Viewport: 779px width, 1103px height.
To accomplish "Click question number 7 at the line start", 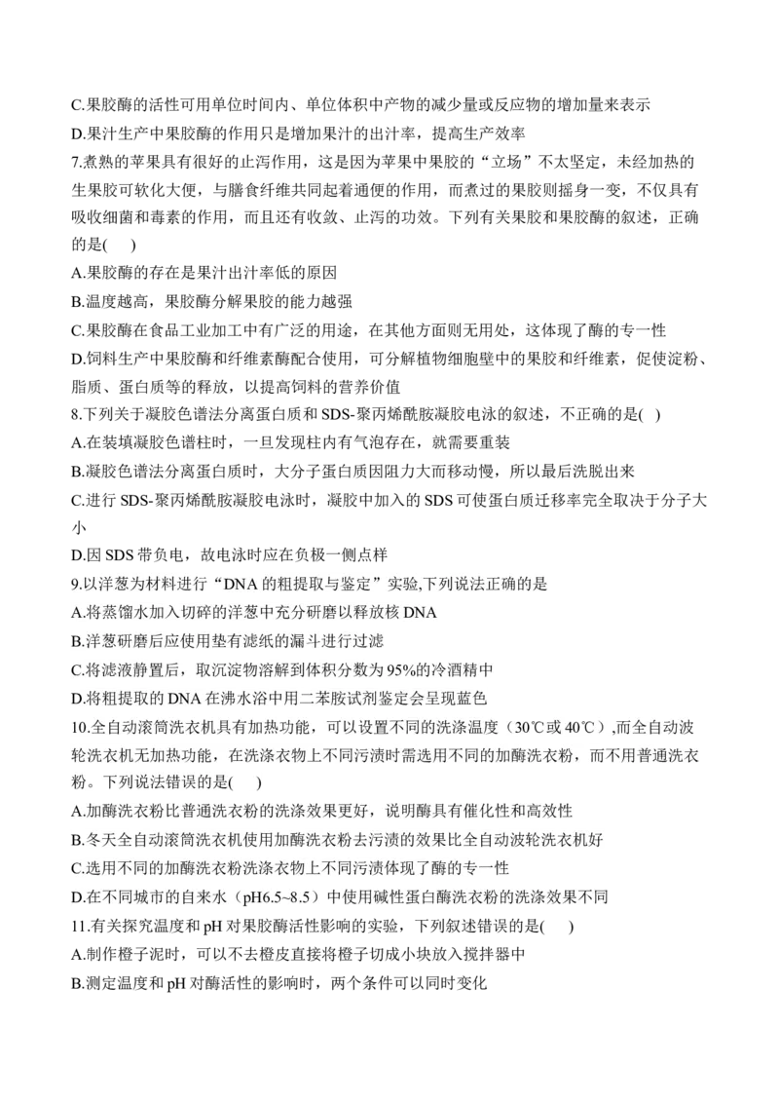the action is click(76, 163).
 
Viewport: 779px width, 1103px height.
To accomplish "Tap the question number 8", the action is click(76, 415).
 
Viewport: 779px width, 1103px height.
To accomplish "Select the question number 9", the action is click(76, 584).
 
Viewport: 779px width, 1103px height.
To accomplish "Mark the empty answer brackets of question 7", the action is click(119, 245).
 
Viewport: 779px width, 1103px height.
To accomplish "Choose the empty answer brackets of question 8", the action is click(650, 415).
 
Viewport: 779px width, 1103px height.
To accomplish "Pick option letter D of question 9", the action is click(77, 699).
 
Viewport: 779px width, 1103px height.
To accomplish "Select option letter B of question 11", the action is click(77, 983).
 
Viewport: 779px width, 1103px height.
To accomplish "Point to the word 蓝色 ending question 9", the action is click(471, 699).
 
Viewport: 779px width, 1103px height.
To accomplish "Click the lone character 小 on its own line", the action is click(79, 527).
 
